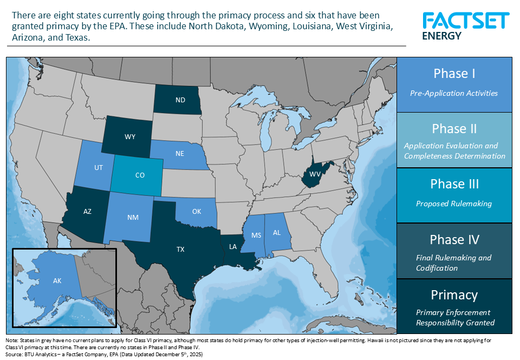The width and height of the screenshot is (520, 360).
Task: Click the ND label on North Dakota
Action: [x=180, y=100]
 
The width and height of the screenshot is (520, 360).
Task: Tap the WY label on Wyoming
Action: [x=130, y=137]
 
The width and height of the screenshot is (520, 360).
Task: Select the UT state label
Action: [x=98, y=168]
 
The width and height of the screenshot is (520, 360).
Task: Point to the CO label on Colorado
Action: [x=140, y=175]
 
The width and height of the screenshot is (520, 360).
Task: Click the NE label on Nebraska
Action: [x=180, y=154]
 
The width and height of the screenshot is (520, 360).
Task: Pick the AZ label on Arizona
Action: [x=87, y=212]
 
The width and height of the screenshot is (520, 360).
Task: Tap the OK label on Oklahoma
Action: [x=197, y=212]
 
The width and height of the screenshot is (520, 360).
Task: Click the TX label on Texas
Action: [x=180, y=250]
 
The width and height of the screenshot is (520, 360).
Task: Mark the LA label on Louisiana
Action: [x=233, y=247]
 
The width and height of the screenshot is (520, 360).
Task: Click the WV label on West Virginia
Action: [x=315, y=174]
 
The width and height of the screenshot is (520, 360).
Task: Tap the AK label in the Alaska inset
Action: [x=57, y=281]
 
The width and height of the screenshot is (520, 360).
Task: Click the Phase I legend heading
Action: [x=454, y=74]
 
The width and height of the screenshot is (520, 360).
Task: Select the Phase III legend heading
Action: [x=454, y=184]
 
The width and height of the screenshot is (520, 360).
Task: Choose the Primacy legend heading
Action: [x=454, y=295]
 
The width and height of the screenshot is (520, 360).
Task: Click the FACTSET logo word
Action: [x=465, y=21]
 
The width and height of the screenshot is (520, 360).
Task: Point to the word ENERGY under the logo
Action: [x=441, y=36]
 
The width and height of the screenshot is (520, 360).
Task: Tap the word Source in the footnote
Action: [x=15, y=354]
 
